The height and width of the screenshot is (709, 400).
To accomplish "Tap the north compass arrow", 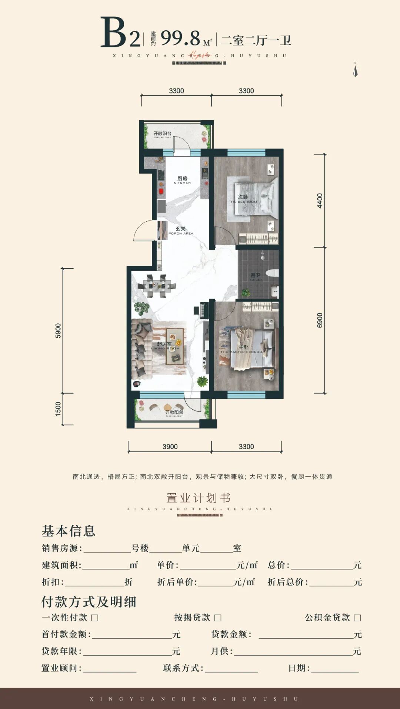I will (x=355, y=70).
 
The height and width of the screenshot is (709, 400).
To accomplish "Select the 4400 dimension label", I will (x=320, y=201).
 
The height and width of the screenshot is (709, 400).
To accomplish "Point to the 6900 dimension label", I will (x=320, y=320).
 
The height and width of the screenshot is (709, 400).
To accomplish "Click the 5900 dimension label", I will (x=58, y=330).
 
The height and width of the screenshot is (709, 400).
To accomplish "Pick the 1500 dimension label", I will (x=58, y=409).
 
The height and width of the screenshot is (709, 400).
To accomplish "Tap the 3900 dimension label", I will (x=170, y=447).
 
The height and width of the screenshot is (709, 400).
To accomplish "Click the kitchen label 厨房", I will (x=182, y=179).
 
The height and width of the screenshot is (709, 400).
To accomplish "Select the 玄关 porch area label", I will (x=181, y=229).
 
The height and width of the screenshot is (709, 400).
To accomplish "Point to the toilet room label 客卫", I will (x=256, y=275).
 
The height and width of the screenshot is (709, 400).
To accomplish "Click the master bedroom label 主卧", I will (x=243, y=347).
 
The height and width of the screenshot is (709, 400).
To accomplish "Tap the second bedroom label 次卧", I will (x=243, y=197).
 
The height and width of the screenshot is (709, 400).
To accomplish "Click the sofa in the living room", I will (x=141, y=349).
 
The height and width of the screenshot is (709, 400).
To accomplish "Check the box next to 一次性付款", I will (x=95, y=618).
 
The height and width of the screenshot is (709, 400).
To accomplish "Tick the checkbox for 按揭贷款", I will (x=218, y=618).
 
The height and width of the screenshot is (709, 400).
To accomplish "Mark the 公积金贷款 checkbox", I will (x=357, y=618).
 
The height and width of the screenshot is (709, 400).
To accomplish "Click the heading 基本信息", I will (x=69, y=531).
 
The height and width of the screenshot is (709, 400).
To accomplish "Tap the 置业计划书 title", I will (x=199, y=498).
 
